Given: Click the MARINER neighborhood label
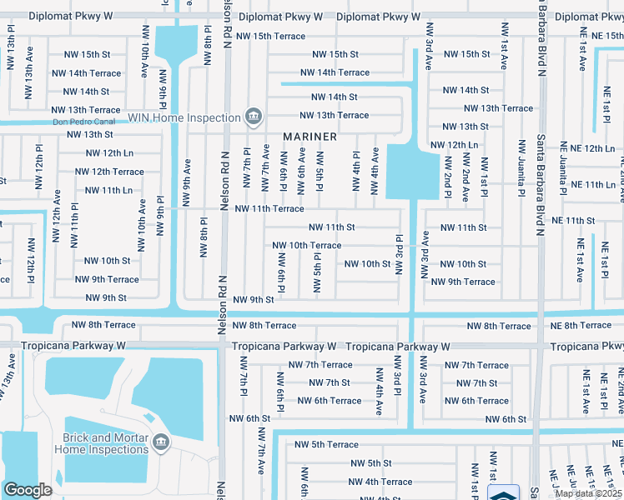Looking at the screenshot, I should click(309, 137).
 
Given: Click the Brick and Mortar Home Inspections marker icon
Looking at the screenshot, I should click(160, 441).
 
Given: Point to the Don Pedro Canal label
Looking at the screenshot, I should click(82, 122).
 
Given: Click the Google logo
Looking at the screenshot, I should click(28, 490).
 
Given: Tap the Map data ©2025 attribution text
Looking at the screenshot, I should click(589, 493).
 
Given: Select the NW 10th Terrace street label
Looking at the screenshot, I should click(306, 245).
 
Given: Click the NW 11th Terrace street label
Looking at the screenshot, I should click(269, 209).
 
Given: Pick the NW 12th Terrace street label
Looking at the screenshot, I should click(109, 172).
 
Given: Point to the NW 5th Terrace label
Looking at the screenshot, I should click(324, 445).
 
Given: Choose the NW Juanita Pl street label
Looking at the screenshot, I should click(521, 167).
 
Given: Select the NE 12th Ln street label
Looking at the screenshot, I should click(587, 148).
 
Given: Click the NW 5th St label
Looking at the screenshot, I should click(370, 463).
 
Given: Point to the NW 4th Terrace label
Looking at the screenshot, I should click(380, 482).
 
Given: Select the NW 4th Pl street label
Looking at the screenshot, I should click(356, 167).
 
